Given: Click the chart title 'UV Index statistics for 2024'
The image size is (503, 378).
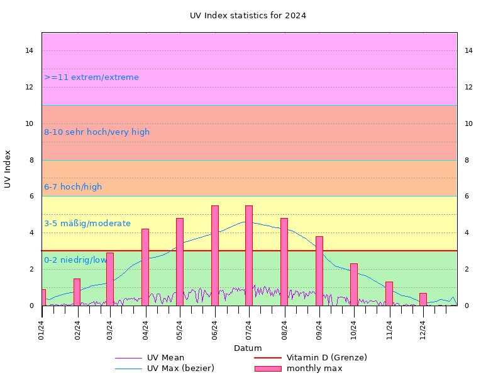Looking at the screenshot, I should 248,15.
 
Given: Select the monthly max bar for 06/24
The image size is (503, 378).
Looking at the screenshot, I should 215,255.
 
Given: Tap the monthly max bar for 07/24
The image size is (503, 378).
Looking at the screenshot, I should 249,255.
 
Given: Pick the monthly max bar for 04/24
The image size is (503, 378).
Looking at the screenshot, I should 145,267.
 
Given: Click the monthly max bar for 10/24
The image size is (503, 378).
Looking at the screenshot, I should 354,284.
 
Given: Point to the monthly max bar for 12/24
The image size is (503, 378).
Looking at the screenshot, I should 423,299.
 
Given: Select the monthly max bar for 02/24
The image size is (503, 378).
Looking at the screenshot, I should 77,292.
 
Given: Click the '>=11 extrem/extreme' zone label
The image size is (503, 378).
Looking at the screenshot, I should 92,77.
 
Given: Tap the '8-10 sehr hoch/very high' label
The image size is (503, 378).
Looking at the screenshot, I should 97,132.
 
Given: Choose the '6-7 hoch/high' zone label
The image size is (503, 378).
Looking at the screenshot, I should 73,187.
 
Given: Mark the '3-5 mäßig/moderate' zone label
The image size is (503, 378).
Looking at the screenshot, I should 87,224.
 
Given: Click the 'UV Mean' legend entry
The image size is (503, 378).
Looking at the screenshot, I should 165,358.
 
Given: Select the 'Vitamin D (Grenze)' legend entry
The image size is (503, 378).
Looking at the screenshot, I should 326,358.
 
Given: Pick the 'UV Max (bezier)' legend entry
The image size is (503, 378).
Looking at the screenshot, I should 180,369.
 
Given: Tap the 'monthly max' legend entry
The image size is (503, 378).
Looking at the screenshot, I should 314,369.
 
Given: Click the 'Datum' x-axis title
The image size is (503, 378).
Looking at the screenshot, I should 248,348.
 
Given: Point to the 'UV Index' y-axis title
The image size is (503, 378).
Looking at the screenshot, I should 8,169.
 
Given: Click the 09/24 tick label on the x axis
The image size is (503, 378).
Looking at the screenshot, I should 319,329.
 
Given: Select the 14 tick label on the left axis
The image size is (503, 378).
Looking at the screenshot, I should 29,50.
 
